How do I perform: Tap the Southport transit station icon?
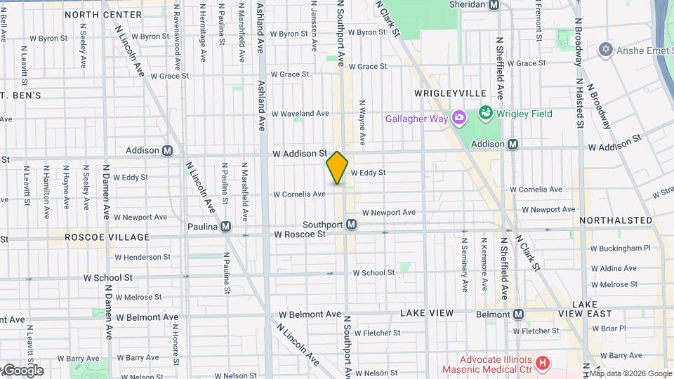pyautogui.click(x=352, y=225)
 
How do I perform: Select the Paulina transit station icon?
pyautogui.click(x=226, y=227)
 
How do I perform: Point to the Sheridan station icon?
pyautogui.click(x=494, y=4)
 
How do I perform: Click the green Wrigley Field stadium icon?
pyautogui.click(x=484, y=113)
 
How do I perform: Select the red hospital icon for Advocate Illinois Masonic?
pyautogui.click(x=541, y=363)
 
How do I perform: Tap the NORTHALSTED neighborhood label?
pyautogui.click(x=616, y=220)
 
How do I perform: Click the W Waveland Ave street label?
pyautogui.click(x=300, y=113)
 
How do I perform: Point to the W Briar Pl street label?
pyautogui.click(x=613, y=328)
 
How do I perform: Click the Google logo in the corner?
pyautogui.click(x=22, y=371)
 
